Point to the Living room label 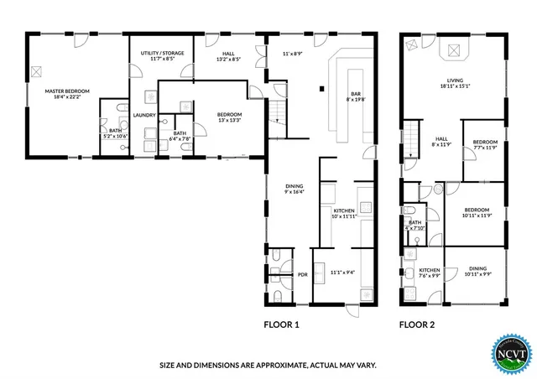tap(454, 81)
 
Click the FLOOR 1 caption tap(281, 324)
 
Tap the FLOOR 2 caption tap(415, 324)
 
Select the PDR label tap(303, 273)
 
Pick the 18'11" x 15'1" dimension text tap(454, 86)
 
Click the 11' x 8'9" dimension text tap(291, 54)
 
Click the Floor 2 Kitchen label tap(429, 271)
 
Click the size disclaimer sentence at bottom tap(268, 366)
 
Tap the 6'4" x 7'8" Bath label tap(180, 135)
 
